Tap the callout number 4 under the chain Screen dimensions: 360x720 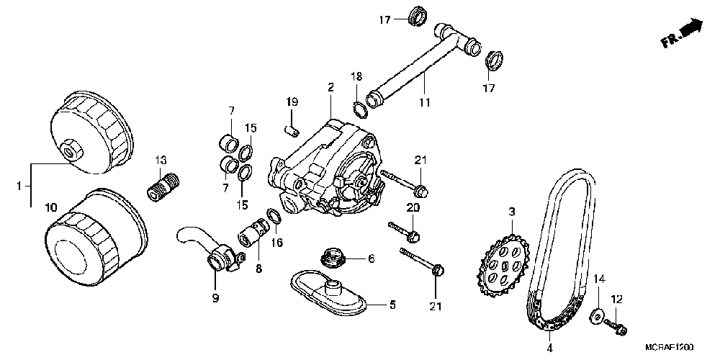(x=550, y=348)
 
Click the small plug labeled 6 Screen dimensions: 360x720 (x=333, y=257)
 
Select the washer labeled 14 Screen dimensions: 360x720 (x=598, y=315)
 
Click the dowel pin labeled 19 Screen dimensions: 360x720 (x=292, y=130)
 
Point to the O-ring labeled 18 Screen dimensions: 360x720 (x=358, y=108)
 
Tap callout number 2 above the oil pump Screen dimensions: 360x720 (x=331, y=88)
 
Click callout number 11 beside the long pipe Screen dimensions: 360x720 (x=424, y=102)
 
